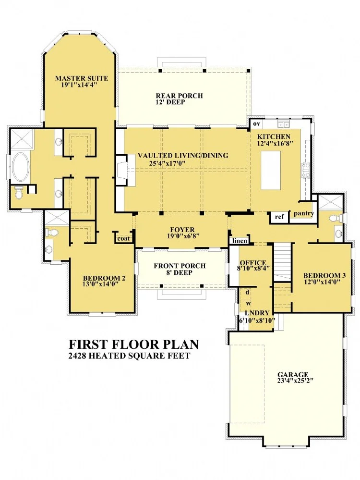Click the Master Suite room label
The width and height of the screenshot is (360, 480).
[x=82, y=78]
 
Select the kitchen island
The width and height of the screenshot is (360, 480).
[x=271, y=171]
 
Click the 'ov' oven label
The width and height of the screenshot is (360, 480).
[x=256, y=123]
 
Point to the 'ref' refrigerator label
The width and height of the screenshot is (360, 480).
[x=279, y=217]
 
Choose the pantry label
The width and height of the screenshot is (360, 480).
[x=304, y=213]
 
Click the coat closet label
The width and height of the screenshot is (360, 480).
[x=123, y=238]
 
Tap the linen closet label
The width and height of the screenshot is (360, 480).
[x=240, y=241]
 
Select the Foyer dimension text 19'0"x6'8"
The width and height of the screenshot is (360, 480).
[x=183, y=236]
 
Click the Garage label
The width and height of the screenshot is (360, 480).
[x=293, y=374]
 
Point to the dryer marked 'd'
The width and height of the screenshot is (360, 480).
[x=247, y=292]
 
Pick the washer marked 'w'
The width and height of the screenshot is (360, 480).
[x=248, y=303]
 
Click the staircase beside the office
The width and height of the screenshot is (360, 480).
[x=282, y=262]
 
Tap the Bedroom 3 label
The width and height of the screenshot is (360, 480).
[x=324, y=275]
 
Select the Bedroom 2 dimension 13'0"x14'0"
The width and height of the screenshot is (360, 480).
[x=100, y=284]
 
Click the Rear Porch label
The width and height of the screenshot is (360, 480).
[x=179, y=96]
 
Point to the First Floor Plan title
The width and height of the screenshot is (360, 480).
[x=133, y=344]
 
